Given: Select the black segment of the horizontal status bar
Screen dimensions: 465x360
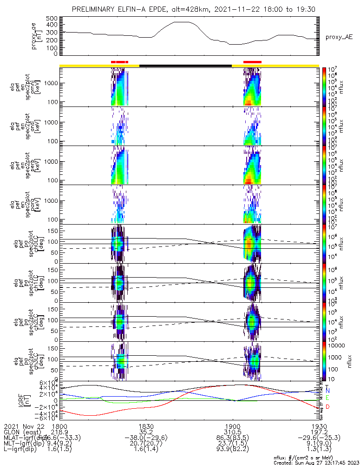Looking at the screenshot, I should tap(185, 66).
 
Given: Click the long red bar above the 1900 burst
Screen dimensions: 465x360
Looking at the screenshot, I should tap(252, 61).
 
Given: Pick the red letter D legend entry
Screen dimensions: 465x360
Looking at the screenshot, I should tap(327, 407).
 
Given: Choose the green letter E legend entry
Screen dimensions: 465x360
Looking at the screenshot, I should tap(327, 398).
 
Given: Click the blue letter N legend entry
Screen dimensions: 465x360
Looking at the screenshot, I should tap(327, 391).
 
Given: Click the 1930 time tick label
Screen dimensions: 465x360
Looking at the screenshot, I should tap(318, 426).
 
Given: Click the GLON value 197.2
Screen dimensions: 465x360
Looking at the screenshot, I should tap(318, 432).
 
